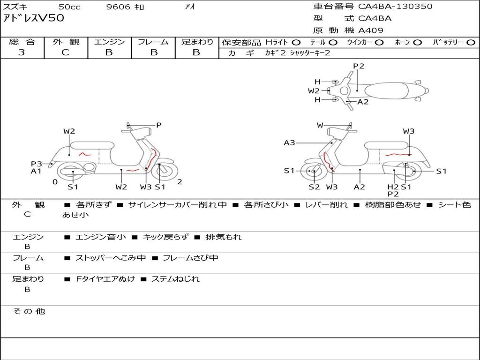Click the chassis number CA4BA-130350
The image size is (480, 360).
[x=395, y=7]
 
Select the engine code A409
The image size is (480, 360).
[x=371, y=30]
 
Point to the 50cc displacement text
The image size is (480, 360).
[x=69, y=7]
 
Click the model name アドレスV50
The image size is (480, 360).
[x=34, y=19]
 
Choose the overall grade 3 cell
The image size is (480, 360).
[x=22, y=52]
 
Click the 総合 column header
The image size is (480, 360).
[x=22, y=42]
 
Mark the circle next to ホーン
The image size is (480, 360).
[x=418, y=42]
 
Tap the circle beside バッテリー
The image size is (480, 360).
[x=471, y=42]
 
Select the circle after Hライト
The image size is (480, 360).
[x=296, y=42]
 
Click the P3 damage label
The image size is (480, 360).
[x=37, y=164]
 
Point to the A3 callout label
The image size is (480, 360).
[x=289, y=142]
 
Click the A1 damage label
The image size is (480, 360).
[x=37, y=171]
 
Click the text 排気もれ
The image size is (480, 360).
[x=224, y=237]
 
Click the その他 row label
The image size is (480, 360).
[x=29, y=311]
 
